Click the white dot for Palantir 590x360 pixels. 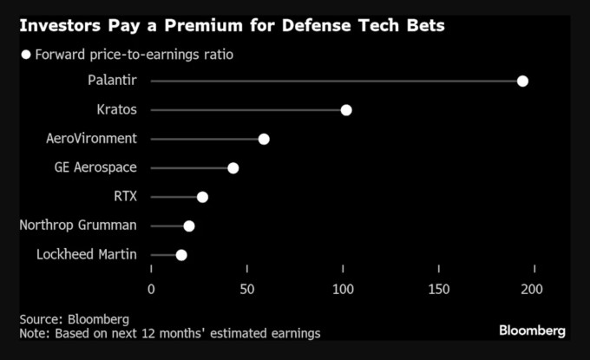522,82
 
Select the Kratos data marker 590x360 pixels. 346,110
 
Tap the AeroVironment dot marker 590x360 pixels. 264,140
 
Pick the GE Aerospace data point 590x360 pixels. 233,168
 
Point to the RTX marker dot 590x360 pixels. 202,197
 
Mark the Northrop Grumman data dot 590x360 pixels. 189,226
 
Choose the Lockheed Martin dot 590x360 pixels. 181,255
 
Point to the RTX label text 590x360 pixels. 127,197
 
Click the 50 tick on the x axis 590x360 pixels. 247,289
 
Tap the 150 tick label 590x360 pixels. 439,289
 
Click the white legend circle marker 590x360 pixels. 26,55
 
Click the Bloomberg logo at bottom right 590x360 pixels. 532,331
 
